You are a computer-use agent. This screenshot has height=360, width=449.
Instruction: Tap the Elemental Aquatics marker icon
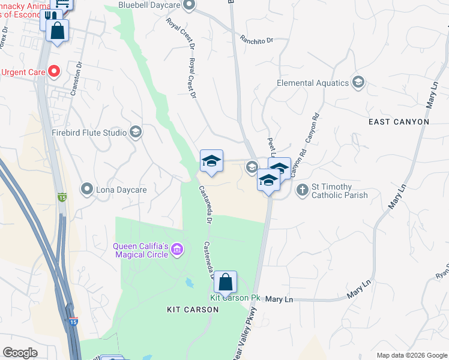pyautogui.click(x=358, y=83)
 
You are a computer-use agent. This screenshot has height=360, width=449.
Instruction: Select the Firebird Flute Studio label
pyautogui.click(x=89, y=133)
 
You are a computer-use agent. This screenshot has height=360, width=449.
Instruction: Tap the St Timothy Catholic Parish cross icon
pyautogui.click(x=303, y=191)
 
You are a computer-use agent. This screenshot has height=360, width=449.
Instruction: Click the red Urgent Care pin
pyautogui.click(x=53, y=72)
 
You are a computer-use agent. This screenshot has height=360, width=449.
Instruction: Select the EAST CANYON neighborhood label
pyautogui.click(x=399, y=122)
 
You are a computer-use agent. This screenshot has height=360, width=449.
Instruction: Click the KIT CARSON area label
pyautogui.click(x=193, y=310)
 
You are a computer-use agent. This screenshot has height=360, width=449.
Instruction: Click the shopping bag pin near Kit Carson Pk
pyautogui.click(x=225, y=281)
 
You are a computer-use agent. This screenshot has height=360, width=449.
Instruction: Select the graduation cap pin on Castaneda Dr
pyautogui.click(x=211, y=161)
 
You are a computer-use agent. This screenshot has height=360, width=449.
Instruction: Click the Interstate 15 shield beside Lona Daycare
pyautogui.click(x=62, y=197)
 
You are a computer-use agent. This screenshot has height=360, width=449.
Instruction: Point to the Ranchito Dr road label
pyautogui.click(x=256, y=40)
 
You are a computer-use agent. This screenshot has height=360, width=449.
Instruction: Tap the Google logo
pyautogui.click(x=20, y=353)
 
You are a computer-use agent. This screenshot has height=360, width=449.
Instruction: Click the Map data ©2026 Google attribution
pyautogui.click(x=411, y=355)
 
